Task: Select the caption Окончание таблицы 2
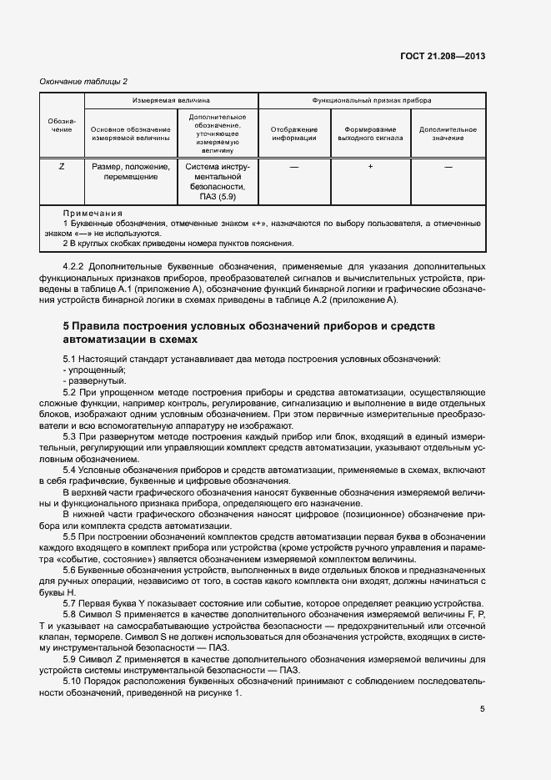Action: pyautogui.click(x=83, y=81)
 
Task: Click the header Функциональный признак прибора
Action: pyautogui.click(x=371, y=99)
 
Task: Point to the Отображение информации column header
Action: pyautogui.click(x=293, y=133)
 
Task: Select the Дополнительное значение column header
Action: pyautogui.click(x=448, y=133)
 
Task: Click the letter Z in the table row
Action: pyautogui.click(x=62, y=167)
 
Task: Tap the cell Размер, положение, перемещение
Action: pyautogui.click(x=130, y=173)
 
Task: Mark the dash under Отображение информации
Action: pyautogui.click(x=293, y=167)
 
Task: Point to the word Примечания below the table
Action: pyautogui.click(x=93, y=214)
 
